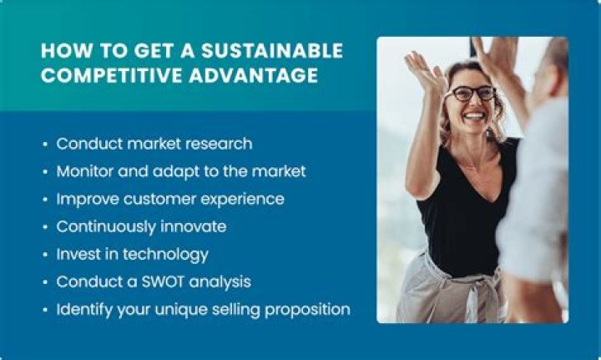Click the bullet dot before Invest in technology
point(44,255)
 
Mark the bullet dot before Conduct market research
point(44,145)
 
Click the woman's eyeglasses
point(472,94)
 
